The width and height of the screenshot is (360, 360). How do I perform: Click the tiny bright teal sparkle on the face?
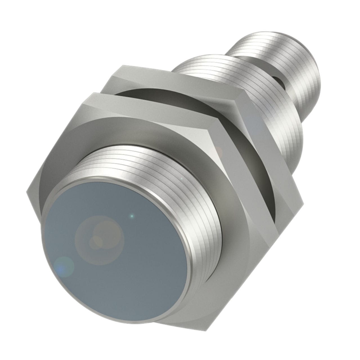(132, 216)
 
